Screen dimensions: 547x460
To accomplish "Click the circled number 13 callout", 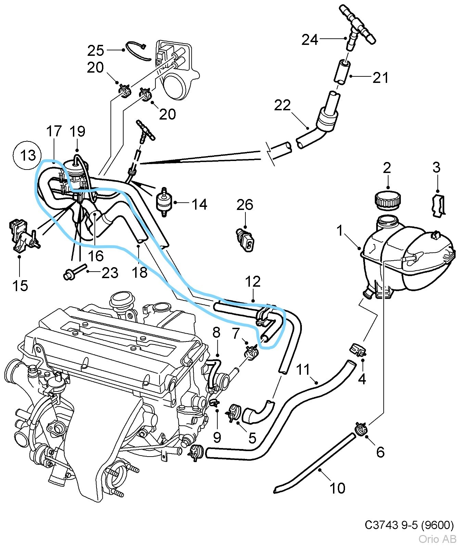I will pyautogui.click(x=28, y=156).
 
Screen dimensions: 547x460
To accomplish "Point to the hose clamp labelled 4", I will pyautogui.click(x=357, y=351).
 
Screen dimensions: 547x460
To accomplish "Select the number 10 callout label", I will pyautogui.click(x=337, y=488).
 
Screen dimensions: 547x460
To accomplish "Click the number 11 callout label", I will pyautogui.click(x=303, y=370).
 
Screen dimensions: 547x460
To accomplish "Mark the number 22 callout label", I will pyautogui.click(x=282, y=105).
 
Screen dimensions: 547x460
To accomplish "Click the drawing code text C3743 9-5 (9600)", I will pyautogui.click(x=409, y=525).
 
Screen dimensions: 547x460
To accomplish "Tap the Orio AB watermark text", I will pyautogui.click(x=437, y=539).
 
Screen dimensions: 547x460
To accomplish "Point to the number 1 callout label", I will pyautogui.click(x=340, y=231).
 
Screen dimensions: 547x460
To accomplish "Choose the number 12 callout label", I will pyautogui.click(x=253, y=282).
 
